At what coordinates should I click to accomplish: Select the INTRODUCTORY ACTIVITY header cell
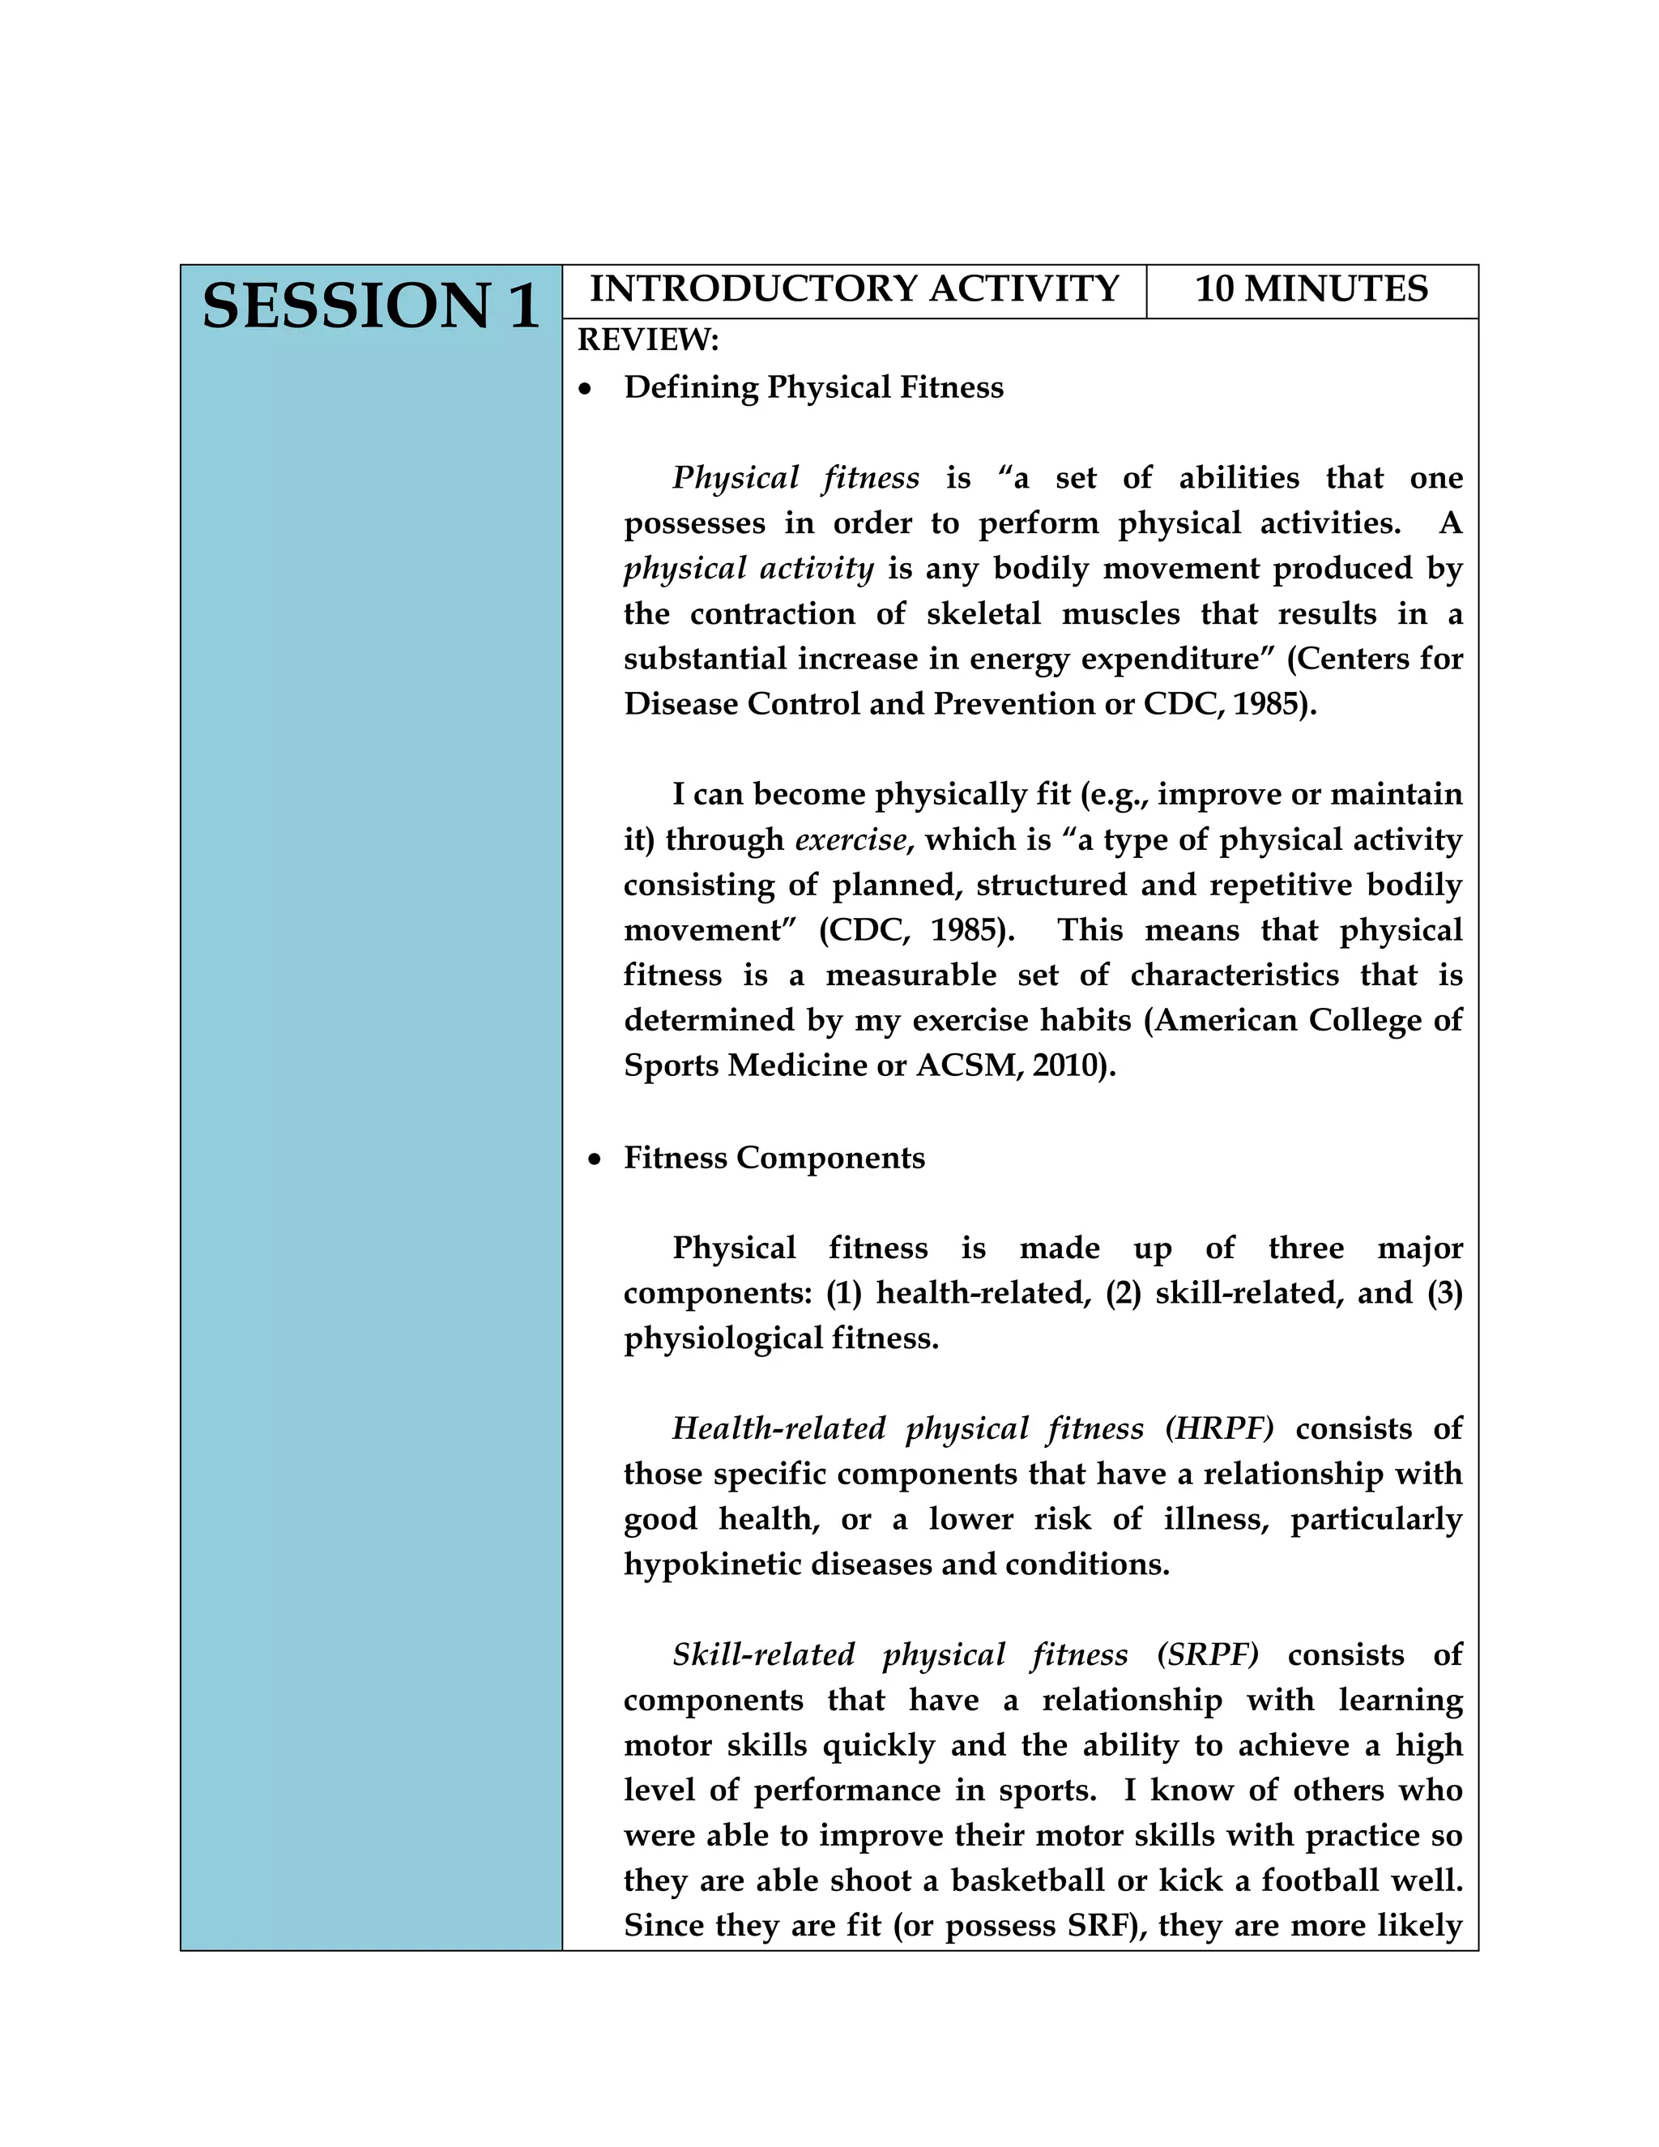(x=853, y=289)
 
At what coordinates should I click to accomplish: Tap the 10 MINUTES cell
(x=1311, y=289)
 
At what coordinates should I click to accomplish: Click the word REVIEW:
(x=648, y=340)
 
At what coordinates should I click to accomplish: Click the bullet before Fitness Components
(x=594, y=1161)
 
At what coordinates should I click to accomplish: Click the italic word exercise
(x=850, y=839)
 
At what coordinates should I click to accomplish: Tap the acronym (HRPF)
(x=1218, y=1428)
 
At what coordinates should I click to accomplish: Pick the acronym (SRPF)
(x=1207, y=1654)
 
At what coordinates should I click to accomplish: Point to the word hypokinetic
(x=713, y=1564)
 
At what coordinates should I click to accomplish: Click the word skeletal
(x=983, y=614)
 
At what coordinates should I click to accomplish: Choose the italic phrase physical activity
(x=748, y=570)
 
